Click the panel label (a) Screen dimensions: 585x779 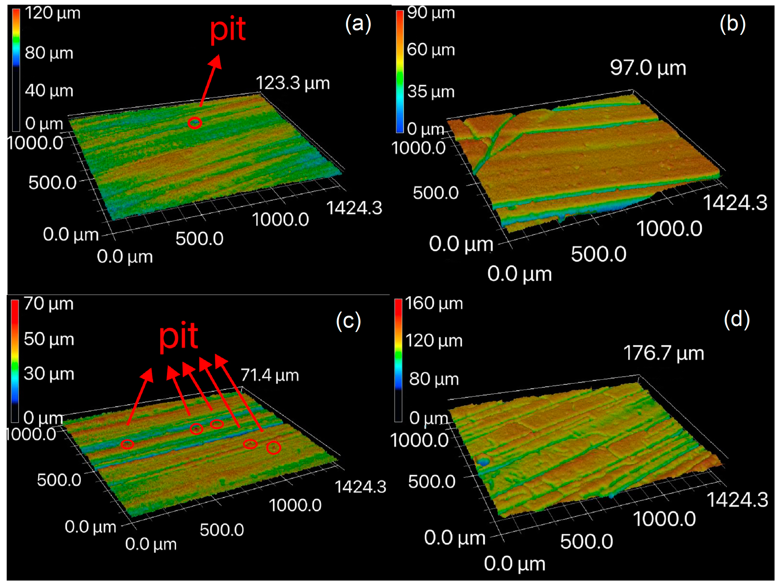point(358,24)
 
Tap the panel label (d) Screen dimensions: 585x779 point(737,319)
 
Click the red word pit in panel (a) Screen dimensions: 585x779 point(228,30)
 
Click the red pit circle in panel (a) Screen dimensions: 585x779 point(195,123)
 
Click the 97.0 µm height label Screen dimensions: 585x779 point(648,68)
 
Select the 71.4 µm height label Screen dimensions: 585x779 point(270,375)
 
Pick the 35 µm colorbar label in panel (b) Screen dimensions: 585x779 point(431,91)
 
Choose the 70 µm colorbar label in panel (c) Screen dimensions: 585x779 point(49,304)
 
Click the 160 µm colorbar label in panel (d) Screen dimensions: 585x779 point(434,303)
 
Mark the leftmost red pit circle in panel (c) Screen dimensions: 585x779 point(127,444)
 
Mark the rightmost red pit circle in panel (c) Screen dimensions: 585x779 point(274,448)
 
